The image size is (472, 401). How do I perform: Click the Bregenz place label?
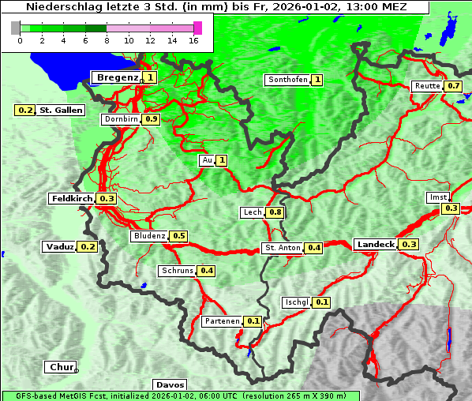pos(118,77)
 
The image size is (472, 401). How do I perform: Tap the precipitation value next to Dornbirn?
pos(152,119)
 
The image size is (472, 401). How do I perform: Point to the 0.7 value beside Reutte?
pos(453,86)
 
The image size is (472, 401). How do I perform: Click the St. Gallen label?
pos(62,111)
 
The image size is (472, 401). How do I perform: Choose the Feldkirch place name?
pos(72,199)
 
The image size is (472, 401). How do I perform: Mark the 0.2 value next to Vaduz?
pos(88,247)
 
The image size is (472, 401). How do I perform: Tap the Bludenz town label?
pos(149,236)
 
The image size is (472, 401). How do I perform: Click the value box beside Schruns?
pos(207,271)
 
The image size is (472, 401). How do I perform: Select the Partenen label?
pos(221,321)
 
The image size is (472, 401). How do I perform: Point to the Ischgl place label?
pos(296,302)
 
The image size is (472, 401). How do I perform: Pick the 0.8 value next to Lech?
pos(275,212)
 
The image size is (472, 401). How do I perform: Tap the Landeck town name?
pos(375,245)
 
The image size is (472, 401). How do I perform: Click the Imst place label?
pos(436,197)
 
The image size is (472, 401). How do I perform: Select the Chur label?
pos(60,367)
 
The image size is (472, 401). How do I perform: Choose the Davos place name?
pos(170,384)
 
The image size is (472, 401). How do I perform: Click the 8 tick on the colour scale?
pos(106,39)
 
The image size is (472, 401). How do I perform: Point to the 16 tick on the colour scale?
pos(194,39)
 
